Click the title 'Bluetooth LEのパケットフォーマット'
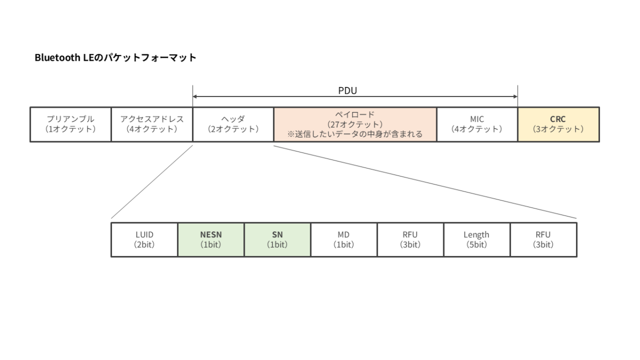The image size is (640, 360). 115,58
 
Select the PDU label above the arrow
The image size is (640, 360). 347,91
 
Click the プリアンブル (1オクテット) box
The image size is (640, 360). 70,125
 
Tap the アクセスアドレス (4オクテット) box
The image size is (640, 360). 152,125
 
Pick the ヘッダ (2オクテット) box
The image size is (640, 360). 233,125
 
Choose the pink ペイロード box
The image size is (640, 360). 355,125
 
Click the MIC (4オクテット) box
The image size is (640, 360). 477,125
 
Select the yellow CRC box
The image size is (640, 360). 558,125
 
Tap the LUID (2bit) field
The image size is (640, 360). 145,239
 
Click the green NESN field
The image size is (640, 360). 211,239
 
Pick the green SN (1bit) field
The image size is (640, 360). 277,239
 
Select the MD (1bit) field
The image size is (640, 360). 344,239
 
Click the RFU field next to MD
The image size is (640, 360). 411,239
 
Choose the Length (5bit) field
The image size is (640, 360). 477,239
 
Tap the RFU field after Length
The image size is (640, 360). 543,239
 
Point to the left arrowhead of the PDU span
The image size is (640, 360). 194,97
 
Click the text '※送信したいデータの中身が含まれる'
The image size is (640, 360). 355,134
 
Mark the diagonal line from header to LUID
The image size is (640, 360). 152,182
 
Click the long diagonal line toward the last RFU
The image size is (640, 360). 425,182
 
